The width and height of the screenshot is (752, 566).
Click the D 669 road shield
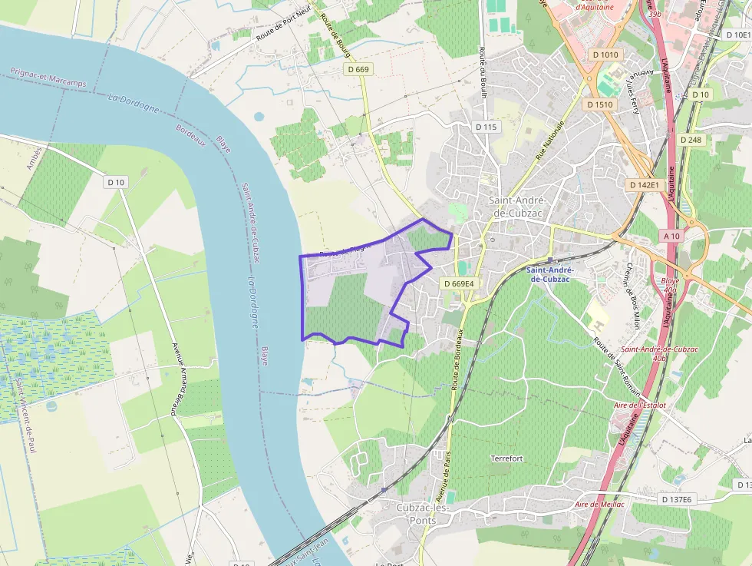point(358,69)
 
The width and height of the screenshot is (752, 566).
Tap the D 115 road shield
point(486,127)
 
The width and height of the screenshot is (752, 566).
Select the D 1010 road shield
point(605,55)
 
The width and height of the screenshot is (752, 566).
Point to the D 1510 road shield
point(599,104)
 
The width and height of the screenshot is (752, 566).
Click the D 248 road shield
point(691,140)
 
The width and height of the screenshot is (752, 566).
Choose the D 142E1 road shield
point(644,185)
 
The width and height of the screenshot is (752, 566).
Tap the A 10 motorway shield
point(672,236)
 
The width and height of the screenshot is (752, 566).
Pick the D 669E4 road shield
point(460,283)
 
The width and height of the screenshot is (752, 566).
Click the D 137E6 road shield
point(676,499)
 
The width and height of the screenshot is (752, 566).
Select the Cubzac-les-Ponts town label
point(416,514)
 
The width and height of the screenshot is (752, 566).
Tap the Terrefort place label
point(506,458)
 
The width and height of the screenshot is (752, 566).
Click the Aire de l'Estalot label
point(639,405)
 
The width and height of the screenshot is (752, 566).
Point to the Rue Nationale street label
point(549,141)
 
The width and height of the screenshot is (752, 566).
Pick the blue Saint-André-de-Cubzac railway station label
point(549,274)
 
